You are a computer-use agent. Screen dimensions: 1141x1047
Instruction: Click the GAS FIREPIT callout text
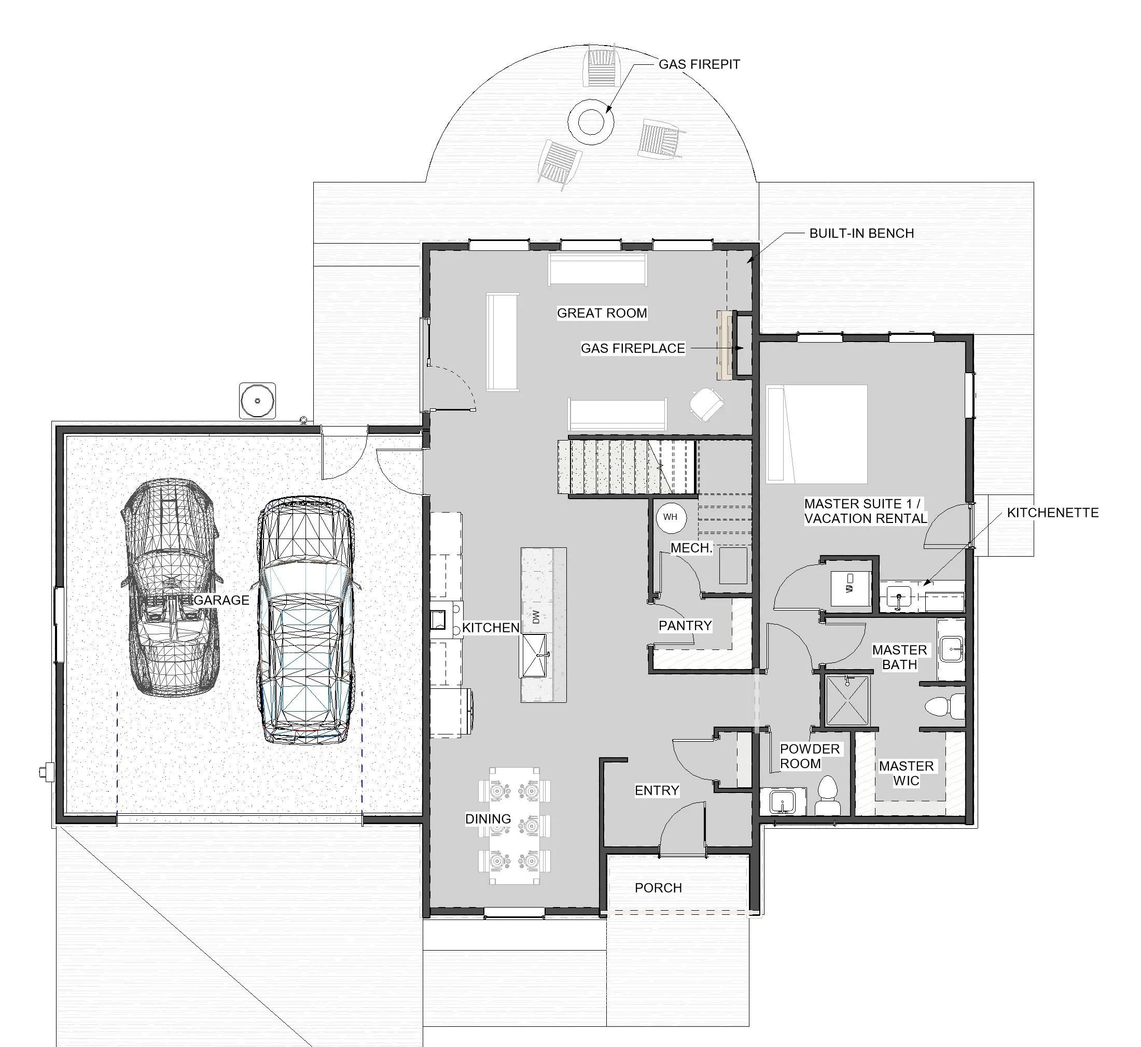[699, 65]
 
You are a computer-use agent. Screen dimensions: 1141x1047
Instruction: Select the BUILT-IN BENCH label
[861, 233]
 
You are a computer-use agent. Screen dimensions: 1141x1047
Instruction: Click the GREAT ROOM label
[602, 313]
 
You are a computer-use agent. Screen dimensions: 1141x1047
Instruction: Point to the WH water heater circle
[670, 517]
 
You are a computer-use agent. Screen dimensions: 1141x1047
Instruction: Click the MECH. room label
[691, 548]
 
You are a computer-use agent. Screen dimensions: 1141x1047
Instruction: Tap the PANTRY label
[685, 626]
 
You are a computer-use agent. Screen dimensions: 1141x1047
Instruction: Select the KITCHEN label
[490, 628]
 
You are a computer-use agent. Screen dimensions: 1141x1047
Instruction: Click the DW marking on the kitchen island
[536, 617]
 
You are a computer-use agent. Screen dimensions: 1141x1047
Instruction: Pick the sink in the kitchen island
[534, 656]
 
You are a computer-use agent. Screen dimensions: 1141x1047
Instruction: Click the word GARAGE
[221, 600]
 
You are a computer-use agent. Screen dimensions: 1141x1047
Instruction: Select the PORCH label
[658, 888]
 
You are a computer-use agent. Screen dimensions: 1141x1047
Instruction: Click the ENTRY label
[657, 790]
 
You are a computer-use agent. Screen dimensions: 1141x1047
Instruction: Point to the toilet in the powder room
[828, 796]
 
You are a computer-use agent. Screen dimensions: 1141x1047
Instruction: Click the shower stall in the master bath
[847, 700]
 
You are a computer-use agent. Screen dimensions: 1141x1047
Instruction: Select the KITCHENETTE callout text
[1053, 513]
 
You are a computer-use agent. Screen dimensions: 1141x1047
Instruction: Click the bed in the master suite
[816, 434]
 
